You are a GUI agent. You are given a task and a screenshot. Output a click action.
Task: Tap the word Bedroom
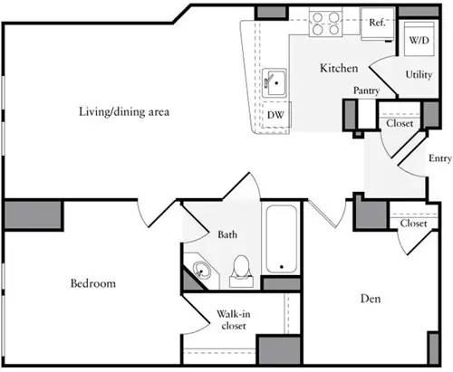click(x=93, y=283)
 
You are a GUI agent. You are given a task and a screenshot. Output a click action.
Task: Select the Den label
click(x=368, y=298)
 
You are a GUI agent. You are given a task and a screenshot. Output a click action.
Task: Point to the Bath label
click(x=226, y=235)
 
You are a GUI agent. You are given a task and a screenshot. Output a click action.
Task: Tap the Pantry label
click(x=366, y=91)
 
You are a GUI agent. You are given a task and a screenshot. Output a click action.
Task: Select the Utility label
click(x=418, y=75)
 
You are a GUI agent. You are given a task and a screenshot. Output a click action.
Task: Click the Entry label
click(x=439, y=158)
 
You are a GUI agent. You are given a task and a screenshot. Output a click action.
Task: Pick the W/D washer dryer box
click(x=417, y=42)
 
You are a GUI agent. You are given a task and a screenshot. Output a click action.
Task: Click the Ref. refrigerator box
click(x=378, y=23)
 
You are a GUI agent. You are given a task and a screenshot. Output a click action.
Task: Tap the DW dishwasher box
click(x=275, y=116)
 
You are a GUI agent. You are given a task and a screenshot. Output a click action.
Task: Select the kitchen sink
click(x=275, y=81)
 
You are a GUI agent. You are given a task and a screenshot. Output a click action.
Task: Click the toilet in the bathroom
click(x=242, y=269)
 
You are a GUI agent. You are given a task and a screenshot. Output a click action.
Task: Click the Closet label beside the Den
click(x=413, y=224)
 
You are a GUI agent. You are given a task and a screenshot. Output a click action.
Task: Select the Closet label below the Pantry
click(x=400, y=124)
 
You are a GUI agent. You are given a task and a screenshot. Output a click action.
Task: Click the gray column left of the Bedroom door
click(x=34, y=215)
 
